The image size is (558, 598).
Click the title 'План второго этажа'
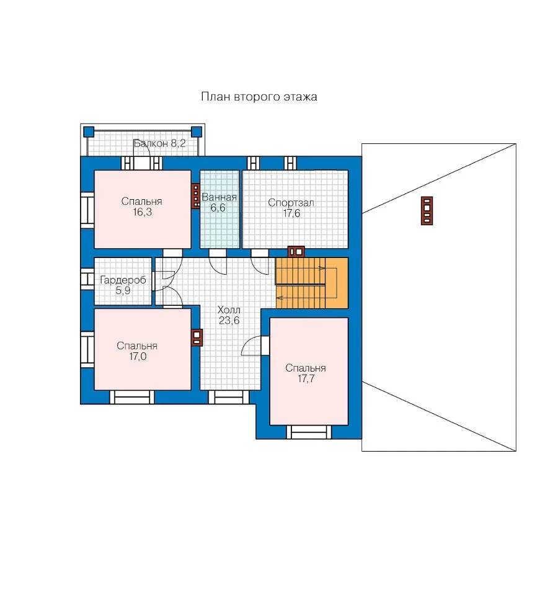[x=259, y=97]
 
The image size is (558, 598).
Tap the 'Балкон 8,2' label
[x=159, y=143]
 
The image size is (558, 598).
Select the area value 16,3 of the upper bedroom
[x=142, y=212]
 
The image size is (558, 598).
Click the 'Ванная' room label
[x=219, y=197]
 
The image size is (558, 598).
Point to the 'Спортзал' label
[x=291, y=203]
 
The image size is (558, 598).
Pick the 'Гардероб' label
[x=123, y=280]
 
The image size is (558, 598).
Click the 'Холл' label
[x=229, y=310]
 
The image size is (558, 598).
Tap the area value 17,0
[x=138, y=357]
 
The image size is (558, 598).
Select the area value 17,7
[x=306, y=378]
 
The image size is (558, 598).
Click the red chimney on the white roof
[x=427, y=210]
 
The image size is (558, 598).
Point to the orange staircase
[x=312, y=283]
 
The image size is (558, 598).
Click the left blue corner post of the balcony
[x=89, y=132]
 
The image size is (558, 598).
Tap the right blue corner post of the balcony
[x=197, y=132]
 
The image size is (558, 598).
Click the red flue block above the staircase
[x=296, y=252]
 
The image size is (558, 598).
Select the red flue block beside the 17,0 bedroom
[x=197, y=337]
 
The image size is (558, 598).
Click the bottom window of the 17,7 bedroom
[x=309, y=432]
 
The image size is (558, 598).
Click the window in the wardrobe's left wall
[x=87, y=279]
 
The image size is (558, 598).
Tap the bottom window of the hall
[x=229, y=397]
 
